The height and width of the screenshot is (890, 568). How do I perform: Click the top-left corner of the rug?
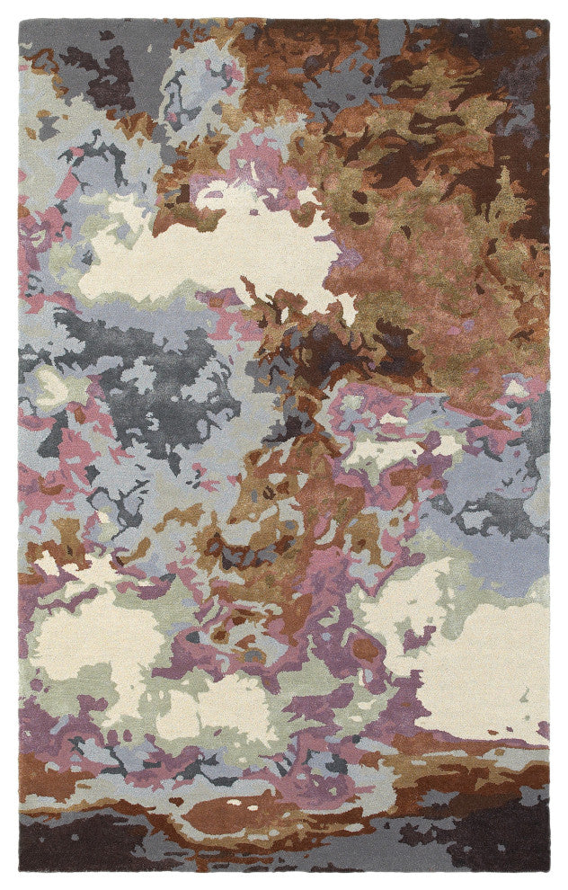(20, 20)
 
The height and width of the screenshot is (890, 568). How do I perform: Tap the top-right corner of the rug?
(548, 20)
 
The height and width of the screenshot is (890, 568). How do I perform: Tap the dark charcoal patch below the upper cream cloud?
(162, 378)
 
